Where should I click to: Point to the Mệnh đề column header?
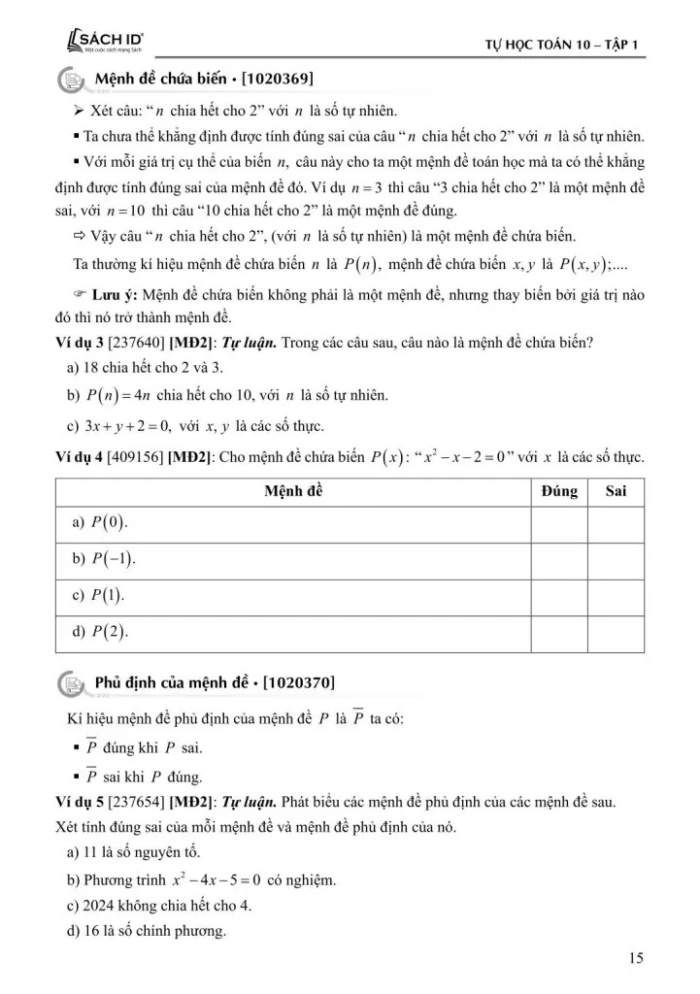click(x=293, y=491)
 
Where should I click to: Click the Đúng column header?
click(x=559, y=491)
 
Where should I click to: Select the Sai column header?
click(x=616, y=491)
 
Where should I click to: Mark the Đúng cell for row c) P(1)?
click(x=559, y=595)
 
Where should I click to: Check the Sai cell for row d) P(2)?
click(x=616, y=632)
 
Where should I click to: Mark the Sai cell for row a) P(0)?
click(x=616, y=523)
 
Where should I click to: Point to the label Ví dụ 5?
click(x=82, y=804)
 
